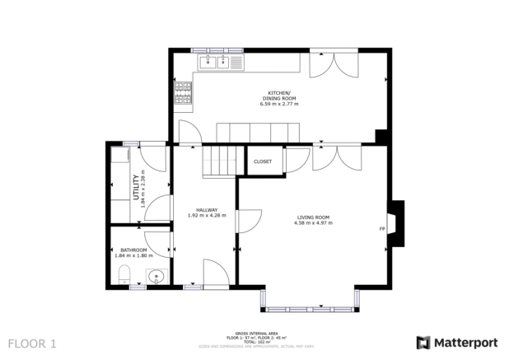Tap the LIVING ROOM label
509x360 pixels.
(313, 217)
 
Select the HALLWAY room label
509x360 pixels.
(201, 209)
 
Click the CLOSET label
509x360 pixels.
(263, 161)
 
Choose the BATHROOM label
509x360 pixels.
(133, 250)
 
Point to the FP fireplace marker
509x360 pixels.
(382, 228)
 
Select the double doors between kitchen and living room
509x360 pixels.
(336, 157)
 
